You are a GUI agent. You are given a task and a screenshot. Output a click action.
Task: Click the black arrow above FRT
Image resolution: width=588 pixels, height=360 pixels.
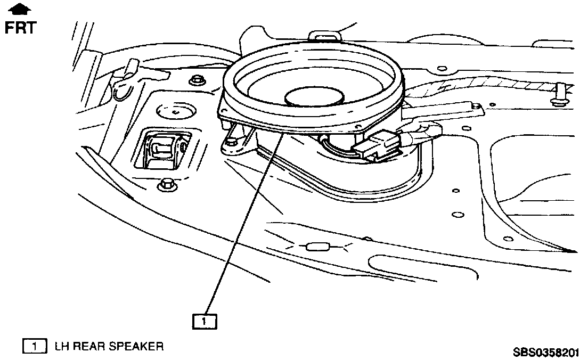pyautogui.click(x=20, y=9)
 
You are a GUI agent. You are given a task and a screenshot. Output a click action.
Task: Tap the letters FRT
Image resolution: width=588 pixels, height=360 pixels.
pyautogui.click(x=20, y=28)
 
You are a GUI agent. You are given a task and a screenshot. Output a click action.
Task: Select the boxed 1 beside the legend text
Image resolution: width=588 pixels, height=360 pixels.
pyautogui.click(x=34, y=347)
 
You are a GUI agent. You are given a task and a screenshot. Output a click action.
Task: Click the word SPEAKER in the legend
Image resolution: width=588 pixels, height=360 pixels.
pyautogui.click(x=136, y=347)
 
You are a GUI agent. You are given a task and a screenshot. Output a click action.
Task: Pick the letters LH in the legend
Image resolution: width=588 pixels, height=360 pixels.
pyautogui.click(x=62, y=347)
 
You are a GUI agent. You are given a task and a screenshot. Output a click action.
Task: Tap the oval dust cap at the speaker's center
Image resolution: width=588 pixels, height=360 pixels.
pyautogui.click(x=313, y=97)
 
